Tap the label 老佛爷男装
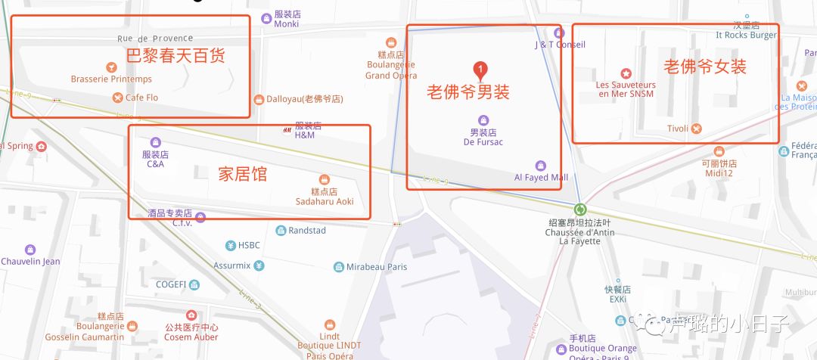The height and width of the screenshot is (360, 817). (x=468, y=92)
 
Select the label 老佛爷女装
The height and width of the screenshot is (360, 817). (x=705, y=67)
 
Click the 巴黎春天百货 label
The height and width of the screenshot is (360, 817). (x=176, y=55)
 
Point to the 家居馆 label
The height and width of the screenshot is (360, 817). (x=243, y=174)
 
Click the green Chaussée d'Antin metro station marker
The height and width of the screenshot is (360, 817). (x=580, y=210)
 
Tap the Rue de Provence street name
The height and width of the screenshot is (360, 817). (x=155, y=39)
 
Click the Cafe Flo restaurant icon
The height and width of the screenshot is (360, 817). (x=117, y=98)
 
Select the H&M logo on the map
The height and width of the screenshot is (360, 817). (x=287, y=129)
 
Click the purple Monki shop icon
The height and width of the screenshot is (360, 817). (x=266, y=18)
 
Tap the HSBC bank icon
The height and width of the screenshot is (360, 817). (x=230, y=245)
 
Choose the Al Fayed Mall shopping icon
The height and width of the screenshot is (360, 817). (x=540, y=166)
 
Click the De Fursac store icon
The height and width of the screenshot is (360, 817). (x=483, y=120)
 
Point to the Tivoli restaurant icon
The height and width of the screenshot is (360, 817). (x=697, y=129)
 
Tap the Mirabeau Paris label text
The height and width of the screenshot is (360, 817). (x=377, y=267)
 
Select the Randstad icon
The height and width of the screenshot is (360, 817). (x=281, y=230)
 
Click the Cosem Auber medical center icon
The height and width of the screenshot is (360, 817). (x=191, y=315)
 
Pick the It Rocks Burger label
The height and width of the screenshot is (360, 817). (x=746, y=35)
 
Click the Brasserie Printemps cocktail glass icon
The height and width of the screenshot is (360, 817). (x=111, y=67)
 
